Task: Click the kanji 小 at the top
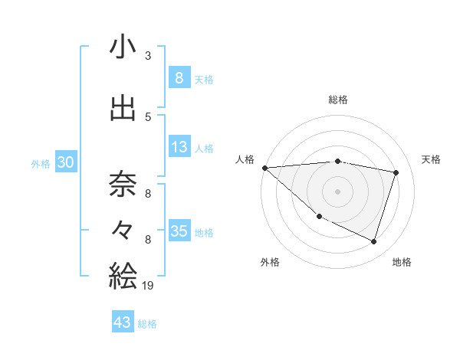[x=123, y=47]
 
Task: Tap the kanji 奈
[x=123, y=184]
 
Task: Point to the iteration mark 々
[x=123, y=229]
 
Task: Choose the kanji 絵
[x=123, y=274]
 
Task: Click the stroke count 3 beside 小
[x=148, y=56]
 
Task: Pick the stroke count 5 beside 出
[x=148, y=116]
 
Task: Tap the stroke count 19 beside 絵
[x=148, y=286]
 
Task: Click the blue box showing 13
[x=179, y=148]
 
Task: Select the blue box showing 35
[x=179, y=231]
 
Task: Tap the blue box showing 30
[x=66, y=163]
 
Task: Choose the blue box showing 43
[x=123, y=322]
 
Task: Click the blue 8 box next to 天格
[x=179, y=78]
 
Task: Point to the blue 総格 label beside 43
[x=147, y=324]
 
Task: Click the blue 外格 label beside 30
[x=41, y=164]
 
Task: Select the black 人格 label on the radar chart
[x=245, y=159]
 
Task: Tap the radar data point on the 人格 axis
[x=264, y=168]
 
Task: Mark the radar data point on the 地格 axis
[x=373, y=242]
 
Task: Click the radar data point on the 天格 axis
[x=396, y=172]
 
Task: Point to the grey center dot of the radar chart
[x=337, y=191]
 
